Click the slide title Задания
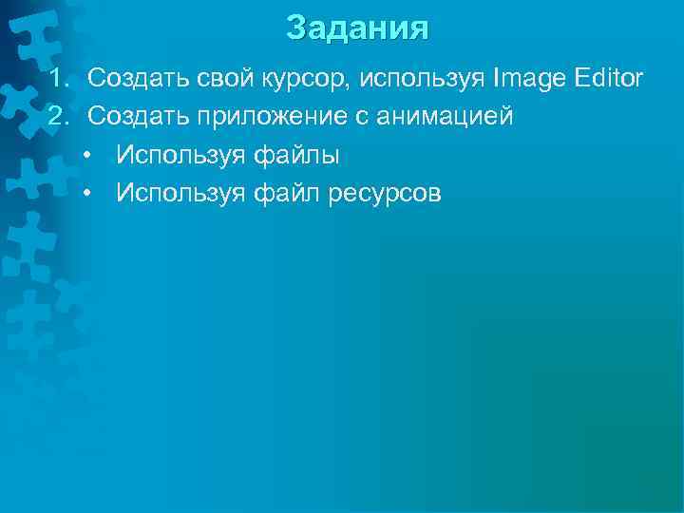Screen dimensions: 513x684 point(357,28)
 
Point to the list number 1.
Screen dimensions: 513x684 point(58,76)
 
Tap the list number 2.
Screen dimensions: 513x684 point(59,116)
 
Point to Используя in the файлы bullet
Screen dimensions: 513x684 point(180,155)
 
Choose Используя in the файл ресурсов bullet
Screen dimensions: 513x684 point(180,194)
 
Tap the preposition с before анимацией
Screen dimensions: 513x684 point(361,117)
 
